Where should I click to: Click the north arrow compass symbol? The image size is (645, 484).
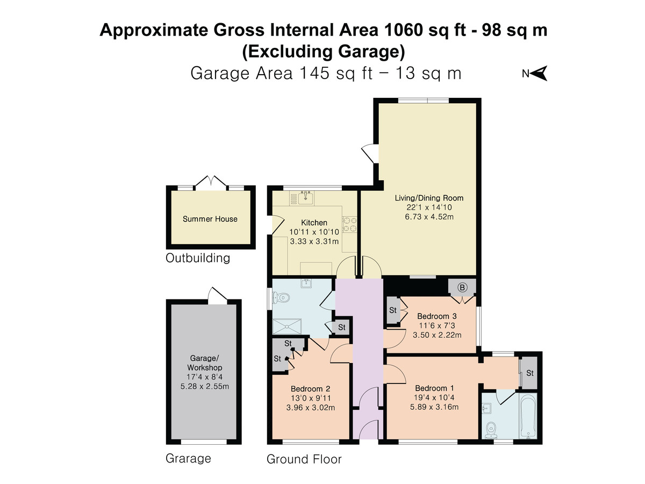(x=539, y=74)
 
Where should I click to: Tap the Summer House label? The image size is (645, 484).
(x=210, y=219)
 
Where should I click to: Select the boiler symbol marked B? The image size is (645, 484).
(x=462, y=287)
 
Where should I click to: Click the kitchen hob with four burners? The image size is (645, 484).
(x=350, y=224)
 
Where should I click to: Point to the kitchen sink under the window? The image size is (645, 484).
(x=306, y=196)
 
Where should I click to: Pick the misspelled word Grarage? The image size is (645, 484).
(x=188, y=459)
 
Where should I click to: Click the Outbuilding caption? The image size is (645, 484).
(x=198, y=258)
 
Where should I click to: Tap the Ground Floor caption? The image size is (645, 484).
(x=304, y=459)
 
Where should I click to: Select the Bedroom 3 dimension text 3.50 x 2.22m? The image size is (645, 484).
(x=437, y=335)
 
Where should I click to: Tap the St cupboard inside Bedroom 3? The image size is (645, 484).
(x=393, y=310)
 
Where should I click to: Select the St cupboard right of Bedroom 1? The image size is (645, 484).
(x=529, y=373)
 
